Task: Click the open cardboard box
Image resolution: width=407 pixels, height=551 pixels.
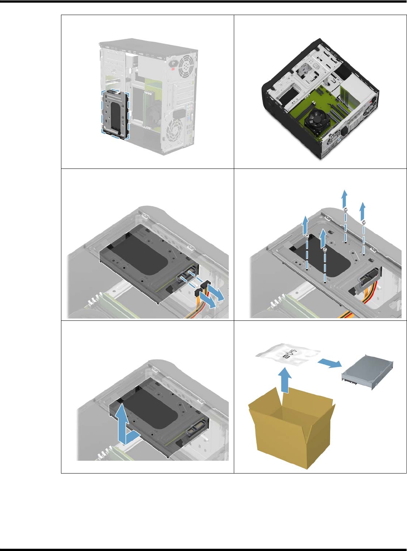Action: [291, 429]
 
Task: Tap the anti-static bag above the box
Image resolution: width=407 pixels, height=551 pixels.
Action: [288, 356]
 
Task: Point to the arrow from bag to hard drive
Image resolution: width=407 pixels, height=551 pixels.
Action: [330, 363]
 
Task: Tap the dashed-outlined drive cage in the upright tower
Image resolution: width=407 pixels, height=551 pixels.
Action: [115, 114]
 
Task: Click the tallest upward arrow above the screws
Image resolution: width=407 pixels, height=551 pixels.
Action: [344, 199]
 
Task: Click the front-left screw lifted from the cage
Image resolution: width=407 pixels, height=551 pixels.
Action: [307, 236]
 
